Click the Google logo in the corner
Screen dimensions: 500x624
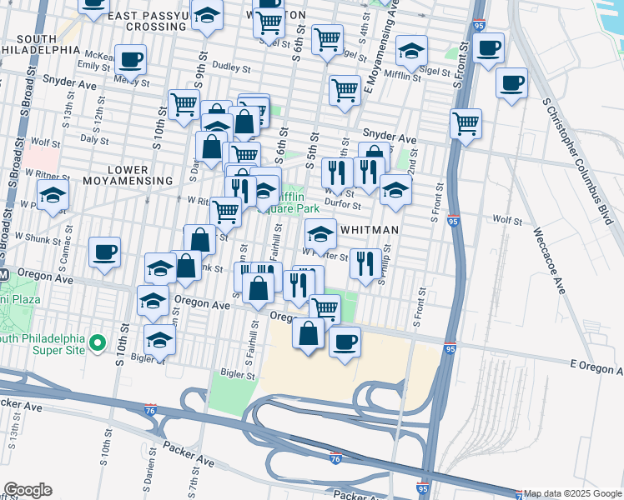coord(27,490)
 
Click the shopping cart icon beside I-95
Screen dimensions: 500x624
coord(465,123)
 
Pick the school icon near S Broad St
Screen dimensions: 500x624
coord(53,196)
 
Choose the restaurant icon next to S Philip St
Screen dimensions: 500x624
coord(365,262)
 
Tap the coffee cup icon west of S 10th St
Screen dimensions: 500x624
coord(104,252)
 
